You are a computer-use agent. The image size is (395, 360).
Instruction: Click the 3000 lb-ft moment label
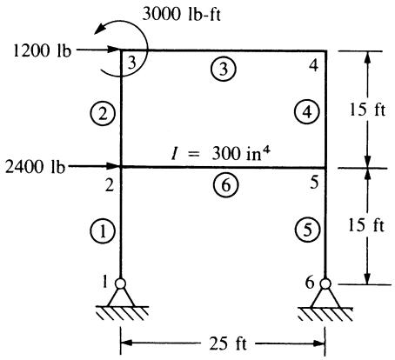coord(181,14)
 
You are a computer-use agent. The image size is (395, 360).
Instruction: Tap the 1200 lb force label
coord(42,51)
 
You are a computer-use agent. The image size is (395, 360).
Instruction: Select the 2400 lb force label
coord(35,167)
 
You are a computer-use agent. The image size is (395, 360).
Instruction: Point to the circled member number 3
coord(224,69)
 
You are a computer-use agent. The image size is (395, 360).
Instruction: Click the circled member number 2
coord(103,113)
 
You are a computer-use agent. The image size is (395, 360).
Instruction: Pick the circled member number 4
coord(307,111)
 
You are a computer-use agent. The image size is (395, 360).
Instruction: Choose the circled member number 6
coord(225,185)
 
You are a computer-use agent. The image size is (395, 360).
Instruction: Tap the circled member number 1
coord(103,231)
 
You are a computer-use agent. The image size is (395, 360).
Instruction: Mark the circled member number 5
coord(307,230)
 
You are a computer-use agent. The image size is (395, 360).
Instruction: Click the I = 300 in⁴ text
coord(219,154)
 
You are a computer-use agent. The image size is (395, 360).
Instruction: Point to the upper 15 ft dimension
coord(367,110)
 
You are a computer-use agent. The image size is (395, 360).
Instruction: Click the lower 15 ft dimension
coord(366,225)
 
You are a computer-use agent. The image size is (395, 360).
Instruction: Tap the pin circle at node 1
coord(120,283)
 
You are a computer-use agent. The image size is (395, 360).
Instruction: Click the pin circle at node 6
coord(325,283)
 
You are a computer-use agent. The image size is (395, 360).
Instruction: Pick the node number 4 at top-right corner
coord(313,66)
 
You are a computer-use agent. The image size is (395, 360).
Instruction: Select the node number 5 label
coord(314,183)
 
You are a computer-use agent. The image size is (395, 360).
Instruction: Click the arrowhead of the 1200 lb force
coord(114,49)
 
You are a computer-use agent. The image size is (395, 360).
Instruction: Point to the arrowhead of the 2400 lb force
coord(114,166)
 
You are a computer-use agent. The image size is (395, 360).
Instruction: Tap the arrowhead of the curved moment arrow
coord(99,30)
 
